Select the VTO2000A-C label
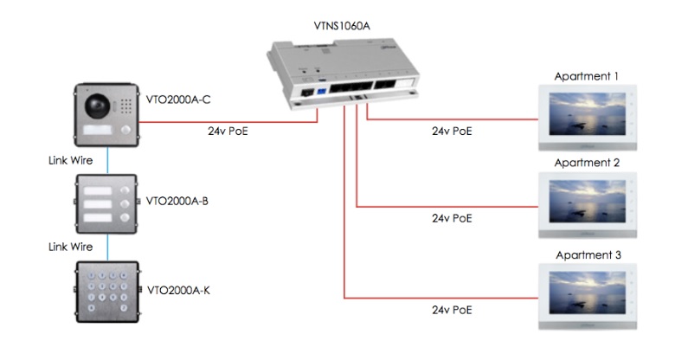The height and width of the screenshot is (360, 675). [x=178, y=100]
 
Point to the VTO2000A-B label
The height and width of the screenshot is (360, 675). [x=177, y=201]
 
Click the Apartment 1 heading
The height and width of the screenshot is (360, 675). [x=586, y=76]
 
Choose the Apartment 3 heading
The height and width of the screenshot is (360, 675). [x=586, y=255]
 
